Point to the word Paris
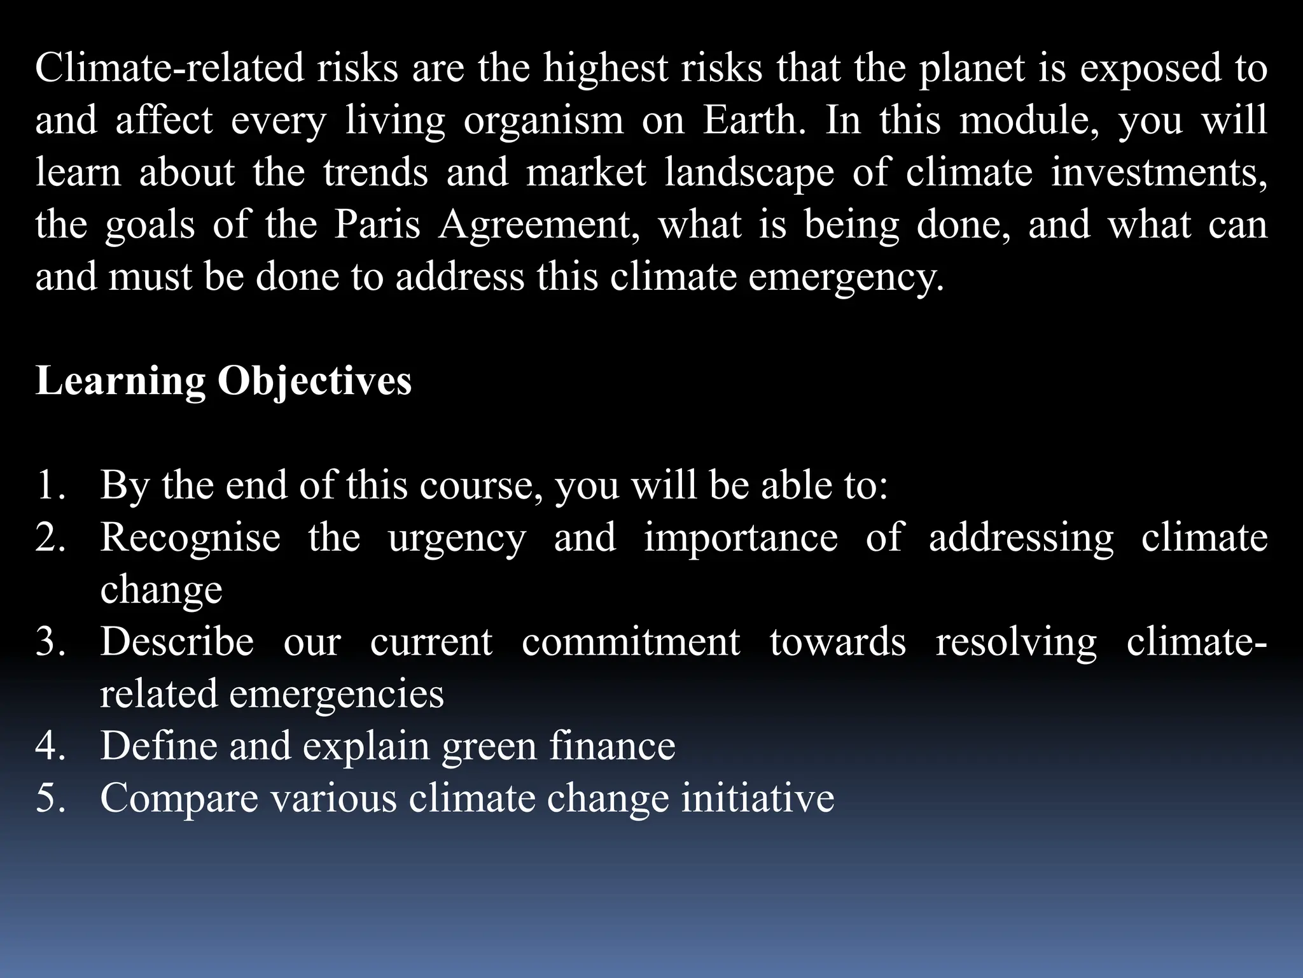click(377, 225)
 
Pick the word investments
click(1159, 173)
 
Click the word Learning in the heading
click(120, 382)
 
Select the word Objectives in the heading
click(314, 382)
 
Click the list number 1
click(51, 485)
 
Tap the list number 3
click(51, 642)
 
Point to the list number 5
click(51, 798)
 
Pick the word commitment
click(631, 642)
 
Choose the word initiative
click(758, 798)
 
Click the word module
click(1029, 121)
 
